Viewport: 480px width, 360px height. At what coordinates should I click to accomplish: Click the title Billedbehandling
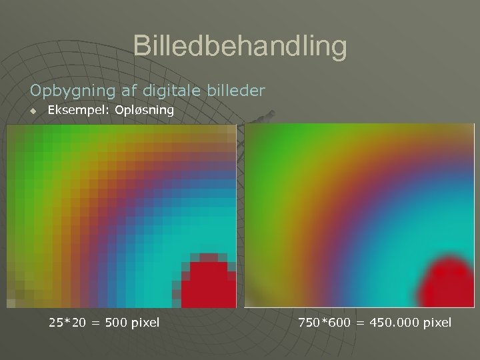(x=240, y=47)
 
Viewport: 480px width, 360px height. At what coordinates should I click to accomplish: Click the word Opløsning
(x=145, y=111)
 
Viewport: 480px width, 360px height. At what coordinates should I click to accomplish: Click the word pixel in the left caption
(x=145, y=323)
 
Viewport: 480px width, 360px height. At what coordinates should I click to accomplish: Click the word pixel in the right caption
(x=437, y=323)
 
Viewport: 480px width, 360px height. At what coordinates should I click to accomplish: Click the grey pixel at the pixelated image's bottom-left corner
(x=11, y=303)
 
